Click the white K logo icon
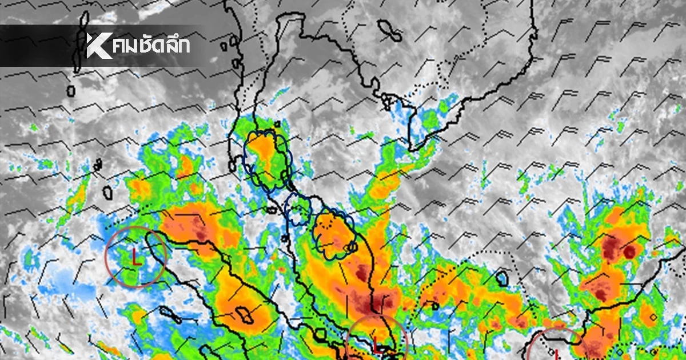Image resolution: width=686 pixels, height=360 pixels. pos(98,46)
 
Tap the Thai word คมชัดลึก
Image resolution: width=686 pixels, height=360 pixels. pos(151,46)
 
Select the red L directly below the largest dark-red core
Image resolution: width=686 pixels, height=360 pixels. pos(376,344)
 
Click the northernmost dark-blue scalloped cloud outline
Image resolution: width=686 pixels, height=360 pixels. pos(266,159)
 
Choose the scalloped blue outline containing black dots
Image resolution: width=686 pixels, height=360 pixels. pos(334,233)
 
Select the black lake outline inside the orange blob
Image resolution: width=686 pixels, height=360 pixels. pos(246,315)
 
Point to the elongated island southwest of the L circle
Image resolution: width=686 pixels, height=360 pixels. pos(171,314)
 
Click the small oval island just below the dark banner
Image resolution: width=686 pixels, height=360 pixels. pos(71,91)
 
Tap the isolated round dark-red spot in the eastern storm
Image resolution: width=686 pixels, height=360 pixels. pos(629,252)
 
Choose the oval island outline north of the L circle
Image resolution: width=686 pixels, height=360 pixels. pos(107,192)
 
